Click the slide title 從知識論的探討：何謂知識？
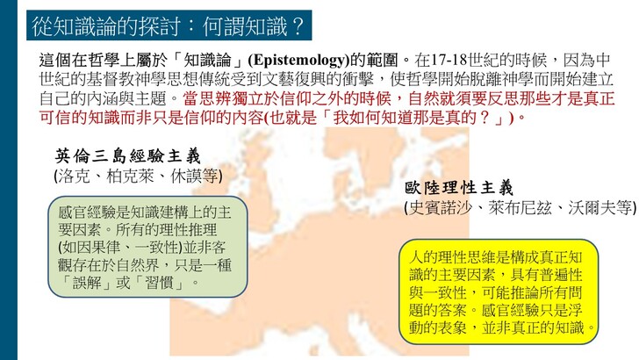pos(168,26)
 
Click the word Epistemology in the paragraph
pos(298,61)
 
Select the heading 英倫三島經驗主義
pos(128,156)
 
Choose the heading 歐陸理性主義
pos(459,188)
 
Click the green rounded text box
pos(147,247)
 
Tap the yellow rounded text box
pos(499,292)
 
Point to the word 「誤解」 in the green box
pos(86,283)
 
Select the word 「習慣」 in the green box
pos(159,283)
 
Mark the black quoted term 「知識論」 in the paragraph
pos(208,61)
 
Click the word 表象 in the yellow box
pos(452,328)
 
